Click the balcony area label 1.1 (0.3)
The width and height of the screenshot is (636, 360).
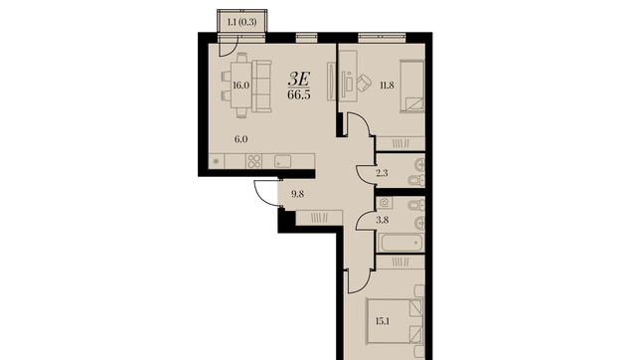click(241, 22)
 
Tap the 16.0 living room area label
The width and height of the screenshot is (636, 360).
click(240, 86)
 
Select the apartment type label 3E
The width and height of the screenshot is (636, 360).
click(299, 79)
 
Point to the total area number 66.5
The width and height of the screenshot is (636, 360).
click(299, 94)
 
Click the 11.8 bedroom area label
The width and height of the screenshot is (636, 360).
click(387, 86)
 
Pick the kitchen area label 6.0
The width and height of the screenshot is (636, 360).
click(240, 139)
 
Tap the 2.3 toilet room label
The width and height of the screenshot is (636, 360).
click(382, 173)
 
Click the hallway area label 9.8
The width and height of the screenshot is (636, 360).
click(298, 194)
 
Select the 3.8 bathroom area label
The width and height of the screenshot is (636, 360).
click(383, 220)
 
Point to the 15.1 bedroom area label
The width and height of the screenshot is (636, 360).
click(383, 321)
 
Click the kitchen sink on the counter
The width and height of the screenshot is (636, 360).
click(282, 161)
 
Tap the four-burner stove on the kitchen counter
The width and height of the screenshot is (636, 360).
click(254, 161)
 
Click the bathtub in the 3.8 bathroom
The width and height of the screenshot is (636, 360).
click(400, 243)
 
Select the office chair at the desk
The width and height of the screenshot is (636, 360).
click(364, 83)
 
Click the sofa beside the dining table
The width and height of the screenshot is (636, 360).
click(261, 87)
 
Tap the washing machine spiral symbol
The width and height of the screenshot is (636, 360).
click(385, 202)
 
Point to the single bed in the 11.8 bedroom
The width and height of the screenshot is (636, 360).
click(412, 87)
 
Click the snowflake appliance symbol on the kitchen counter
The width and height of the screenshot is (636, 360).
click(216, 161)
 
